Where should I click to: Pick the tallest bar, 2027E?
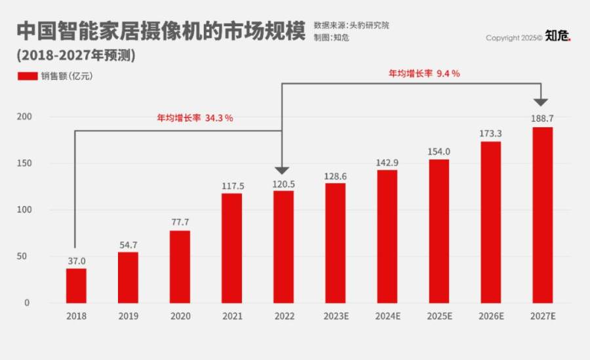(x=542, y=214)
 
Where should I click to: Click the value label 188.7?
(x=542, y=119)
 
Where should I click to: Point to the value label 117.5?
(x=231, y=186)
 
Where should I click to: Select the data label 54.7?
(x=128, y=244)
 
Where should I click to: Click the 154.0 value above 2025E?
(x=439, y=151)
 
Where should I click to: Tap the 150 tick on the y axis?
(x=24, y=163)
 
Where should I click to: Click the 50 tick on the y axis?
(x=26, y=256)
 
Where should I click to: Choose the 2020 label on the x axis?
(x=180, y=316)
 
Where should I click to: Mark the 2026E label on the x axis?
(x=490, y=316)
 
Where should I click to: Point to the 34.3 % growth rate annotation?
(x=195, y=119)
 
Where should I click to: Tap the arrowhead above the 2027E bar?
(x=540, y=102)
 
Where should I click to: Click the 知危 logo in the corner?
(x=559, y=37)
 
